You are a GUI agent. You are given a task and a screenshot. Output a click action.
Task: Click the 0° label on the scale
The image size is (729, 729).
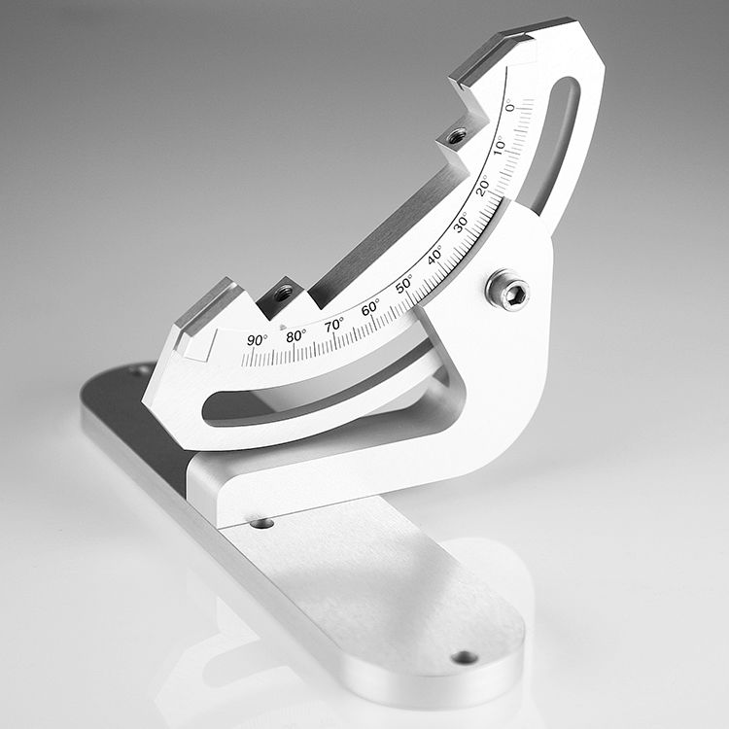point(510,106)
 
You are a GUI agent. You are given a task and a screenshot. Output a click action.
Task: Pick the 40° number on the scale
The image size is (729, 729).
point(434,255)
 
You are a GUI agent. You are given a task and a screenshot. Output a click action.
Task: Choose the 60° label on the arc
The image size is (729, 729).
point(369,308)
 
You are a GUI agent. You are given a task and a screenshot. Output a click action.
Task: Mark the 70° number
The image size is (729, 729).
point(333,325)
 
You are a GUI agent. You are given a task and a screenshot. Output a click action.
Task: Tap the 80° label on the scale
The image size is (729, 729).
point(295,335)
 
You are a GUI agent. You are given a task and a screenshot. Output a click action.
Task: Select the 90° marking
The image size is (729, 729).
point(257,339)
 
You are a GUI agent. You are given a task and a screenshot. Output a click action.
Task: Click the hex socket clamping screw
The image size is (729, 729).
point(508,290)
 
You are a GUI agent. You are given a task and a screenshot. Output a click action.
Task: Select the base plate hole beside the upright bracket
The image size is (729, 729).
point(261,523)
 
